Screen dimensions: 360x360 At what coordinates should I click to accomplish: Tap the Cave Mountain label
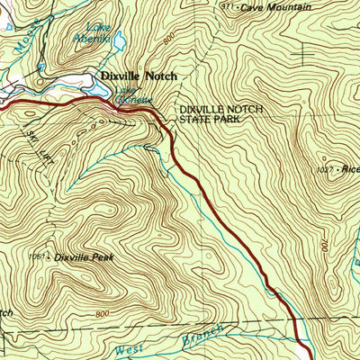pyautogui.click(x=267, y=7)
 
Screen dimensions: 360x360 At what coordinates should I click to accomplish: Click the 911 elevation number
pyautogui.click(x=226, y=6)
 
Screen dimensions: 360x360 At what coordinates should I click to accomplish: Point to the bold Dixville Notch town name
pyautogui.click(x=138, y=76)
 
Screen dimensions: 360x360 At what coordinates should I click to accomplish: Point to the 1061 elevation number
pyautogui.click(x=37, y=257)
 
